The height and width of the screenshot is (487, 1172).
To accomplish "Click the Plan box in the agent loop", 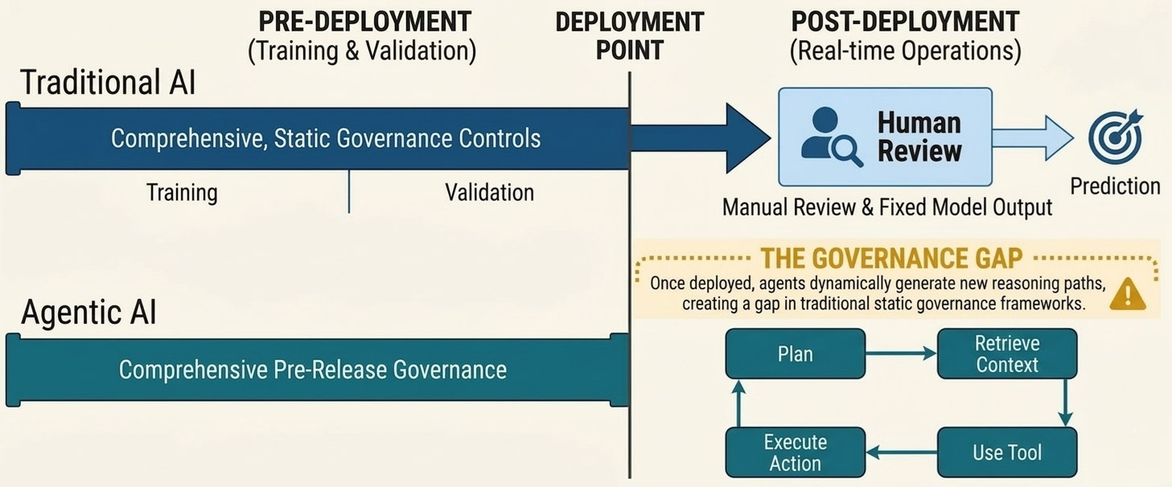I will click(795, 354).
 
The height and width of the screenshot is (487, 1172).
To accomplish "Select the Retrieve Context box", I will click(1006, 354).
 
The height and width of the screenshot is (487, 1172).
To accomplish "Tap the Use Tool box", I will click(1006, 452).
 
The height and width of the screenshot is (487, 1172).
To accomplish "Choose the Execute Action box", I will click(795, 452).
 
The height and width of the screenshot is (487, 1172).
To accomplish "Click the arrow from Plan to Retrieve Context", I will click(901, 354).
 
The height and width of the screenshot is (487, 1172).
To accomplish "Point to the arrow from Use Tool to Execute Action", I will click(901, 453).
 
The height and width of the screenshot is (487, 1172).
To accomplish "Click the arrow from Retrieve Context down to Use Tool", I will click(1065, 403).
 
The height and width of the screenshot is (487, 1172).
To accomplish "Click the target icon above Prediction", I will click(1115, 136).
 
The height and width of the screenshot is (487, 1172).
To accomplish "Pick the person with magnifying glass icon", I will click(831, 137).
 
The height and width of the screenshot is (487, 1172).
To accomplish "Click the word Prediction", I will click(1115, 186).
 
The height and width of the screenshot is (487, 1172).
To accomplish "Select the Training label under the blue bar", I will click(182, 193).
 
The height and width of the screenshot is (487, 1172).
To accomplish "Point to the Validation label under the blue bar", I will click(489, 193).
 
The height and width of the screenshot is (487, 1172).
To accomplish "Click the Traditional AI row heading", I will click(108, 83).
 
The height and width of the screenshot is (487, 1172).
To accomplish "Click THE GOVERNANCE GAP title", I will click(891, 258).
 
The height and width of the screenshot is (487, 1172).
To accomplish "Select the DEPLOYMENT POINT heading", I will click(629, 35).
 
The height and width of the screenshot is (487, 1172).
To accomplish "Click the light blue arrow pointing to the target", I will click(1032, 137).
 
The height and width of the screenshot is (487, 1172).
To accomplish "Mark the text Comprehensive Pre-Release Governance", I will click(313, 370).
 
